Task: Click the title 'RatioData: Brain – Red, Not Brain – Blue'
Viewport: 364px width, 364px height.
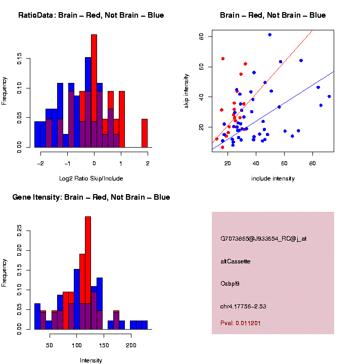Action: (91, 15)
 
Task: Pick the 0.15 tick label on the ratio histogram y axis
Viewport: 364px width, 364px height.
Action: (20, 60)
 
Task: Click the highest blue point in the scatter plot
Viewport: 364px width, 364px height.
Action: (270, 35)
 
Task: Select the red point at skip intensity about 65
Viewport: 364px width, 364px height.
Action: (223, 59)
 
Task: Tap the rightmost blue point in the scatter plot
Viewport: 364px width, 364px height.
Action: (329, 97)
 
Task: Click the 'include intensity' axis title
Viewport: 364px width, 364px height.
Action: (273, 178)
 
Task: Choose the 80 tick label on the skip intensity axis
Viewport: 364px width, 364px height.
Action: (201, 36)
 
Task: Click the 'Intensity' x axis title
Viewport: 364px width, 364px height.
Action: (91, 360)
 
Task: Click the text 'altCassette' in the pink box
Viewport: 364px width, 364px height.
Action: (236, 261)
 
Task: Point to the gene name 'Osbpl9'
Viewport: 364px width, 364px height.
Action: (230, 284)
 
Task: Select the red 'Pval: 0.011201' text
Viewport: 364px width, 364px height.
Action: (241, 323)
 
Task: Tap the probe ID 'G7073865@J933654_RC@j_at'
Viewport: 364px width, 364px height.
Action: (263, 239)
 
